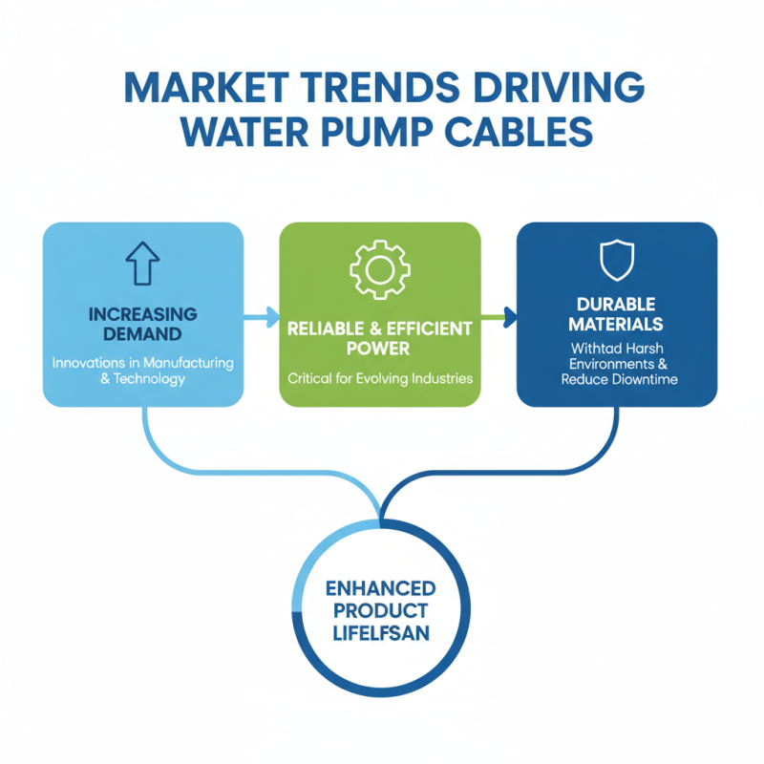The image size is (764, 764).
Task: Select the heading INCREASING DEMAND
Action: click(142, 324)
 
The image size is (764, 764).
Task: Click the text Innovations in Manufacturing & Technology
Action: click(142, 371)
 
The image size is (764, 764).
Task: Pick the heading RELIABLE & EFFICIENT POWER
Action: click(379, 338)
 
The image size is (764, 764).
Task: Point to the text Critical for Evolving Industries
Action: click(379, 378)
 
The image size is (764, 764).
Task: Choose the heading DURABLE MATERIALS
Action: click(616, 314)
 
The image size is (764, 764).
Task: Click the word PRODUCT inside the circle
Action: click(380, 610)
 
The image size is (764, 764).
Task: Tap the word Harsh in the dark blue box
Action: click(639, 349)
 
